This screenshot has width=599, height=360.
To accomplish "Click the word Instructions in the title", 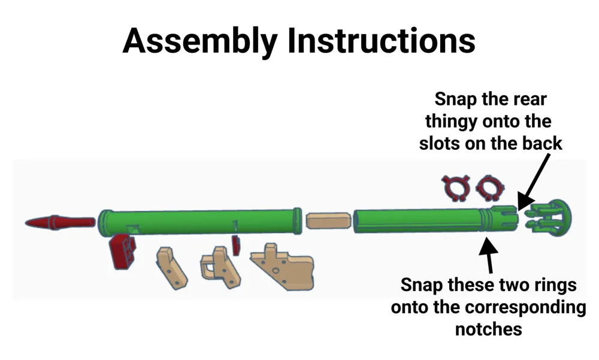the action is click(381, 40).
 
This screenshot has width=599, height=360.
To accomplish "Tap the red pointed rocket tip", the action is click(60, 222).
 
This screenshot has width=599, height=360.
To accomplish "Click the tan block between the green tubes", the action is click(328, 221).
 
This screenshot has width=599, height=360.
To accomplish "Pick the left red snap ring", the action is click(456, 187).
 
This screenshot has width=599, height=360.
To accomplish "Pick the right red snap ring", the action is click(490, 187).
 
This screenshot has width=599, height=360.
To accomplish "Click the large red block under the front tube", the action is click(123, 252).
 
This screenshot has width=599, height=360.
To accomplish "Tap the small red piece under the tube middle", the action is click(236, 245).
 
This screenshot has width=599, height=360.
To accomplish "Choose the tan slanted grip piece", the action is click(171, 268).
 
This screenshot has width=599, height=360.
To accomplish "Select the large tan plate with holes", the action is click(283, 267).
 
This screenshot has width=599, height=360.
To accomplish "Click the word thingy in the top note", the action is click(451, 122).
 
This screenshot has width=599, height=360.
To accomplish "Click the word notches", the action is click(489, 329).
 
